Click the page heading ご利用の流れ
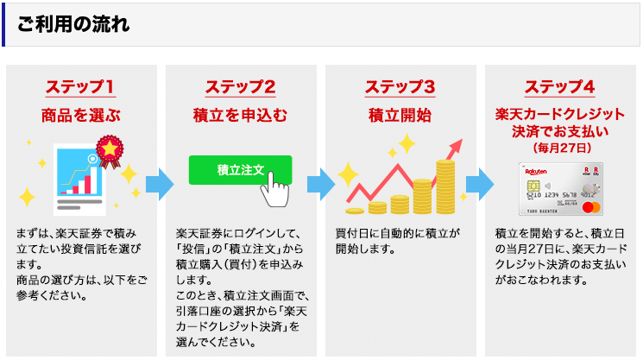(73, 24)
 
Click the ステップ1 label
(80, 87)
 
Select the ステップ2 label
(240, 87)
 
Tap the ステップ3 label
(400, 87)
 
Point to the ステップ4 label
(560, 87)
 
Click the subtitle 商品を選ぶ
(81, 115)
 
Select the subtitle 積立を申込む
(240, 115)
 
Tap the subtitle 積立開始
(400, 115)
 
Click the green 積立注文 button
(240, 170)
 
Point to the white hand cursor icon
(274, 190)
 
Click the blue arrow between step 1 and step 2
(160, 184)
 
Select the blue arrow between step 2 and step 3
(321, 184)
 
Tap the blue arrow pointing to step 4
(480, 184)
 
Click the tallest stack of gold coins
(445, 187)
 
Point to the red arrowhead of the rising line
(456, 146)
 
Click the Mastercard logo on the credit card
(591, 207)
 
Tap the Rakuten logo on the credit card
(536, 172)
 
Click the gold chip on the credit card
(533, 186)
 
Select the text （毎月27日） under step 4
(562, 148)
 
